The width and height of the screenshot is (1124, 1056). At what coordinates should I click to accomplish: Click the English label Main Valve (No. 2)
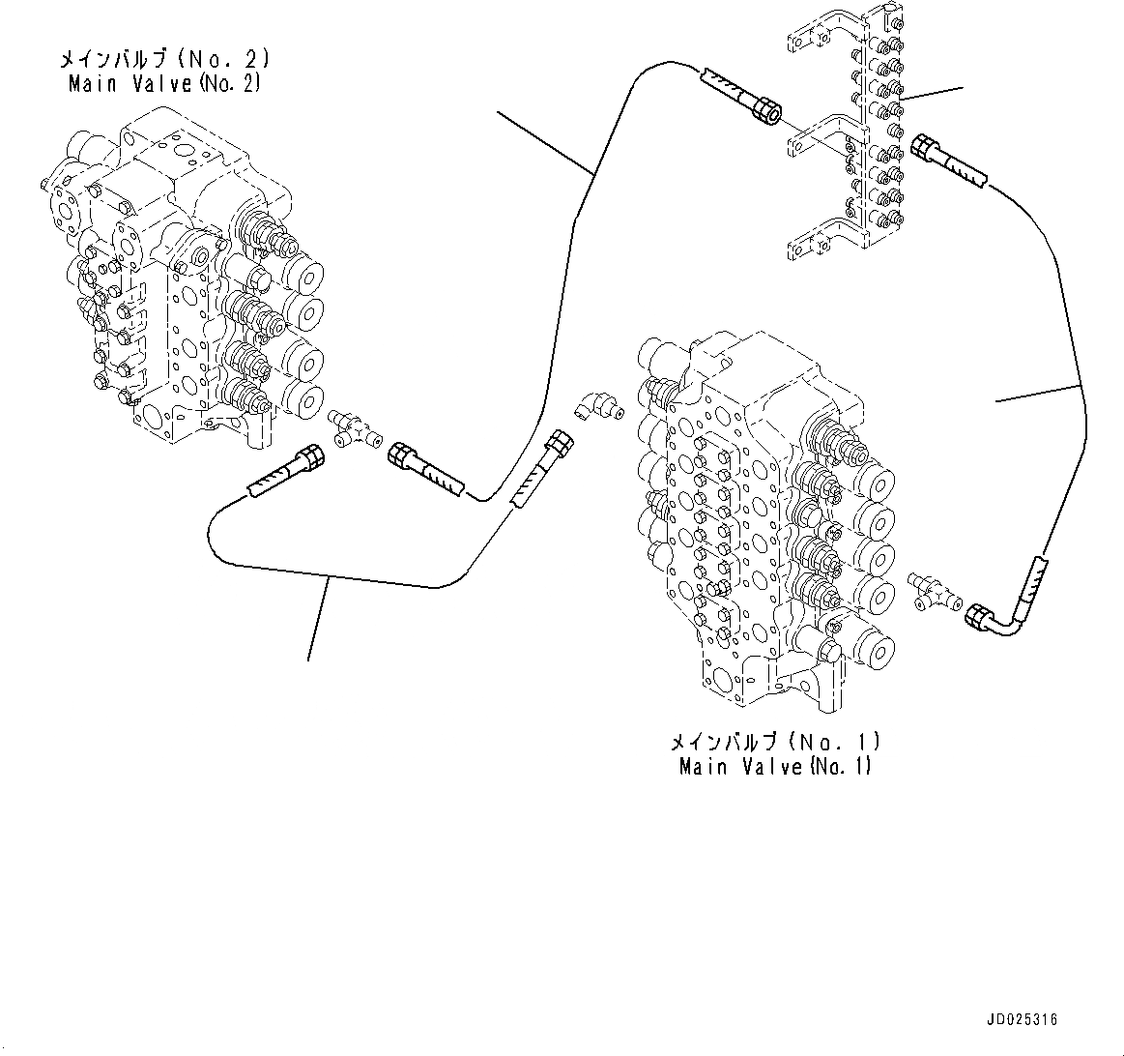[165, 84]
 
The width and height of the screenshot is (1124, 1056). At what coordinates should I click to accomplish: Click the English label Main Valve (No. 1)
[775, 767]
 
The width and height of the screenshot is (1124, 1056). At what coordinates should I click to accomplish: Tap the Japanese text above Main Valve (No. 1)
[775, 743]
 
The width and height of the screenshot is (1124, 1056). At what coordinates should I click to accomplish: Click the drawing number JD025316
[1023, 1019]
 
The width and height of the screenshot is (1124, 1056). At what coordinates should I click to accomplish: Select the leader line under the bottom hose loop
[318, 619]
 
